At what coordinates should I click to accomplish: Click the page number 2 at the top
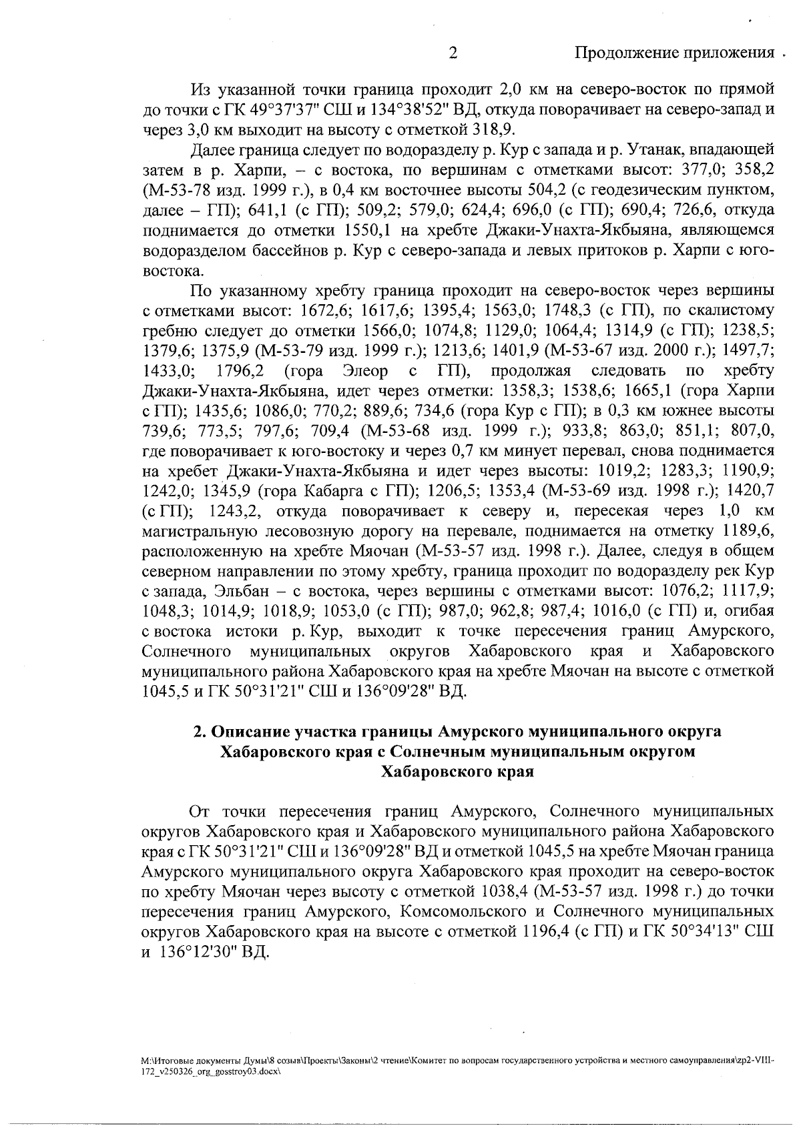pos(453,53)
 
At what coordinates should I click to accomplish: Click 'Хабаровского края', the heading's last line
pos(457,772)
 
